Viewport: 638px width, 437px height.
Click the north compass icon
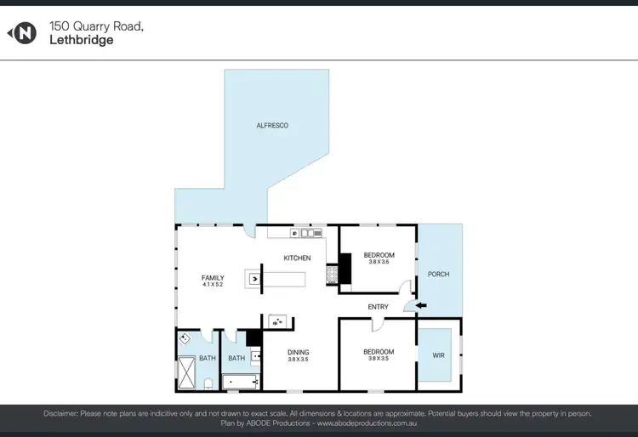[x=23, y=33]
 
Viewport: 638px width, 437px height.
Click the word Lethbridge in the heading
[x=82, y=40]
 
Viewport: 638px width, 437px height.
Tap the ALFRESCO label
[x=273, y=125]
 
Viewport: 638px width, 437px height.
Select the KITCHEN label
[x=297, y=258]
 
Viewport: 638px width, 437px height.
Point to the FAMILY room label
[x=213, y=278]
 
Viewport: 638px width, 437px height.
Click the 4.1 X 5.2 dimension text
[x=213, y=285]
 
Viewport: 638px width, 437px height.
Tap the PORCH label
[x=438, y=274]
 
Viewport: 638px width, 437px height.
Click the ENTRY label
[x=379, y=306]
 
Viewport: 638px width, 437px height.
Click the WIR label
[x=438, y=355]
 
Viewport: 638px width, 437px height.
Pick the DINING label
[x=298, y=352]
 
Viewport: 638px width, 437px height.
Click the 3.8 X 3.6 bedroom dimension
[x=379, y=262]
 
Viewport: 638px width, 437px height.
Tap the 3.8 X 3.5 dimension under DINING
[x=298, y=360]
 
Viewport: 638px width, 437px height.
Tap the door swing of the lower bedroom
[x=376, y=324]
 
